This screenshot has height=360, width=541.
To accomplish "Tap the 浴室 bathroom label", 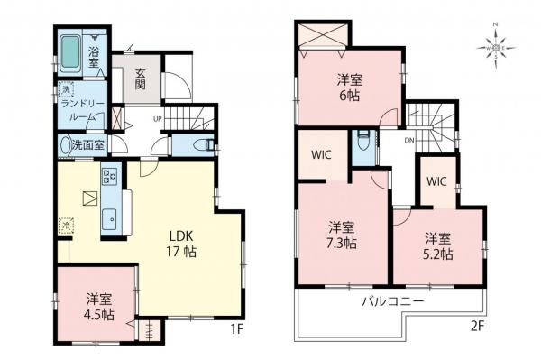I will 94,52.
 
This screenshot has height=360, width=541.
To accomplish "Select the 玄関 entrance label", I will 147,75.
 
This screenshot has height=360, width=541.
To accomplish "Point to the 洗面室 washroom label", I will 88,143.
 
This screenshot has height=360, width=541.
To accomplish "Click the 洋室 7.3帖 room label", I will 341,235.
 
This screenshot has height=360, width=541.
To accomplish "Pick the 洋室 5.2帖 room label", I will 439,246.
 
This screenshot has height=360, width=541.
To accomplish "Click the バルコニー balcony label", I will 395,300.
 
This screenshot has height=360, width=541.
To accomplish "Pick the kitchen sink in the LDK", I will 109,216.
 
